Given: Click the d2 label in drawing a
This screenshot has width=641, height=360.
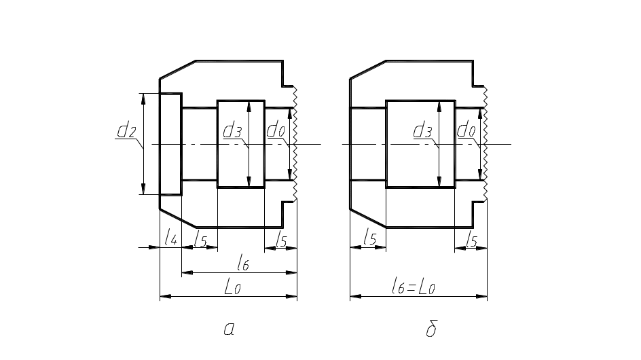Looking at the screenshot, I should [x=126, y=130].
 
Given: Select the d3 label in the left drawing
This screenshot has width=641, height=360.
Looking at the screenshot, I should [x=232, y=130].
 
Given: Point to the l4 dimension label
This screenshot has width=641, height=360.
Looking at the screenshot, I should [x=170, y=238].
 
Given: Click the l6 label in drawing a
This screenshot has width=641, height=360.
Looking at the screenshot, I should [x=242, y=263].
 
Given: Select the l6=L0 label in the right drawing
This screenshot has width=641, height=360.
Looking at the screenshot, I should [x=413, y=287].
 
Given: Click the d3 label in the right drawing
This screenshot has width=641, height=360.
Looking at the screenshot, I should [x=422, y=130].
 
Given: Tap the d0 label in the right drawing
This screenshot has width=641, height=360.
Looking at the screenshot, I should [x=465, y=130].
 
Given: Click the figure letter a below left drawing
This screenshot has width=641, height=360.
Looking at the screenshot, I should [x=230, y=329].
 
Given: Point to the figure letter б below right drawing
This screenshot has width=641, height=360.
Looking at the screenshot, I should [x=431, y=329].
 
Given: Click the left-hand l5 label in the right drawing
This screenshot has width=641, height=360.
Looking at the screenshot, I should [x=369, y=238].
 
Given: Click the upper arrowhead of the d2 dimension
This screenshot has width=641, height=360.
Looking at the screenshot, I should [x=143, y=99].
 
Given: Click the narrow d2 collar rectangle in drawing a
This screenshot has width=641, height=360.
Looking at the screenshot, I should [x=171, y=144].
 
